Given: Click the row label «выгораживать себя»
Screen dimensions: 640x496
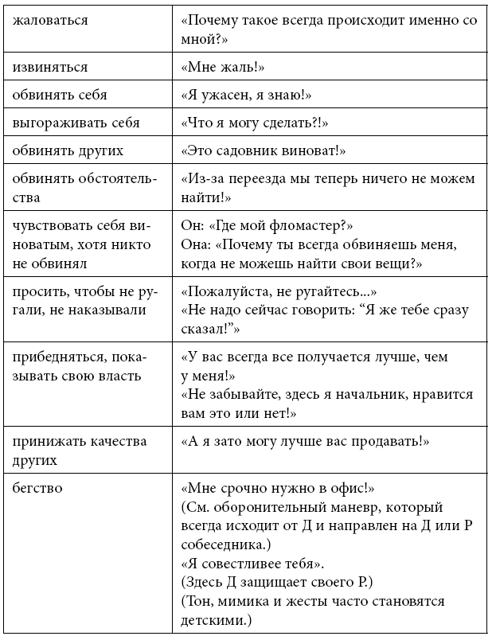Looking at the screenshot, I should tap(76, 123).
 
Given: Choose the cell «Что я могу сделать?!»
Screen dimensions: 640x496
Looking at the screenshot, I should tap(255, 123).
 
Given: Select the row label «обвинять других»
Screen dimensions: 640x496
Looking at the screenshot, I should tap(68, 150).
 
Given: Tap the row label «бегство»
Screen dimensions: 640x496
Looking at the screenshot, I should tap(37, 486).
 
